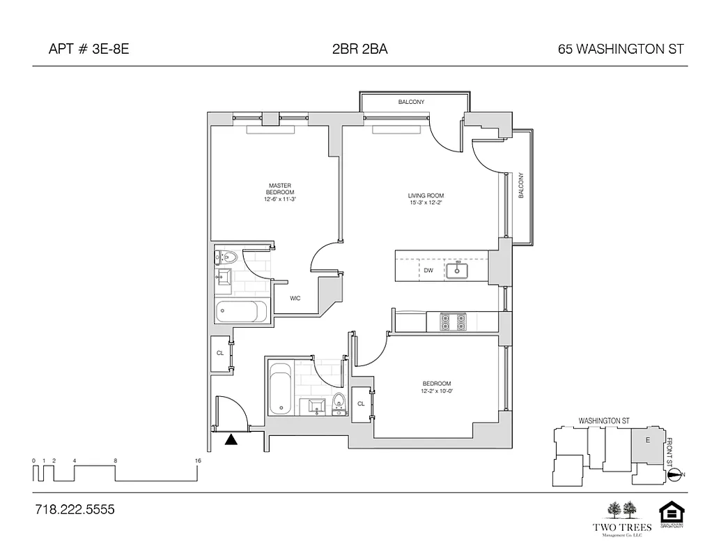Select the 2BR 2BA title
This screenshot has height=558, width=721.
point(360,49)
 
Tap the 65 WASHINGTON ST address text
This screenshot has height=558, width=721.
point(621,49)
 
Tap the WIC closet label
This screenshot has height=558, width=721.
point(295,299)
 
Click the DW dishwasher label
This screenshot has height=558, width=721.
point(428,270)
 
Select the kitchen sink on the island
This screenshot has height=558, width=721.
point(459,269)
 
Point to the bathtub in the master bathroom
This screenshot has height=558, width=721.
point(241,311)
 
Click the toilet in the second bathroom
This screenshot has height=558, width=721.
point(339,403)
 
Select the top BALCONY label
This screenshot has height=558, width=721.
point(411,103)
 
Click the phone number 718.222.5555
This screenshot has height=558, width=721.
point(74,510)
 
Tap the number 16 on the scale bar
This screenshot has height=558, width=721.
point(199,461)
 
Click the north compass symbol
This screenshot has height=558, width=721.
point(674,475)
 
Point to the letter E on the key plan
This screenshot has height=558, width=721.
point(647,439)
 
